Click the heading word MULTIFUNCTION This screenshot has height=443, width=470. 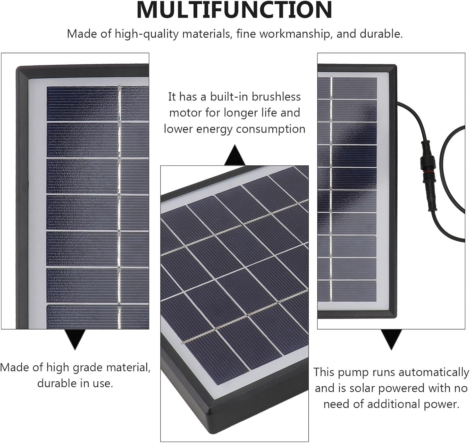tap(234, 10)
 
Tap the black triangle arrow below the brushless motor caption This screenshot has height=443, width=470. tap(235, 155)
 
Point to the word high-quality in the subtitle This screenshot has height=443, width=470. tap(147, 34)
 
